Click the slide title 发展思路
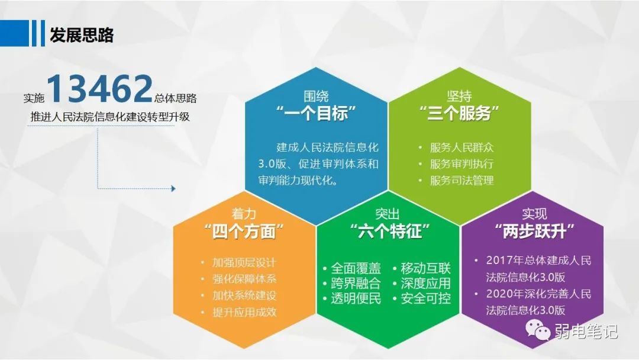[x=82, y=35]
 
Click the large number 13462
[x=99, y=88]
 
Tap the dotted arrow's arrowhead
[x=173, y=188]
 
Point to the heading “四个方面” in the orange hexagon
[x=244, y=231]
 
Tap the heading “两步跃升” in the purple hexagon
[x=534, y=231]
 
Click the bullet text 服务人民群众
[x=461, y=147]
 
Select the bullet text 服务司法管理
[x=461, y=180]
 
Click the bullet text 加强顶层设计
[x=244, y=262]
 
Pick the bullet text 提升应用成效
[x=244, y=312]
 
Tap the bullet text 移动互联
[x=425, y=268]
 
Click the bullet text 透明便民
[x=356, y=298]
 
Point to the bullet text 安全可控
[x=425, y=298]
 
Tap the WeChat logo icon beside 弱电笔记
[x=537, y=330]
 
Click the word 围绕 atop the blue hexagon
[x=316, y=97]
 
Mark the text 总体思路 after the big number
[x=176, y=98]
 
